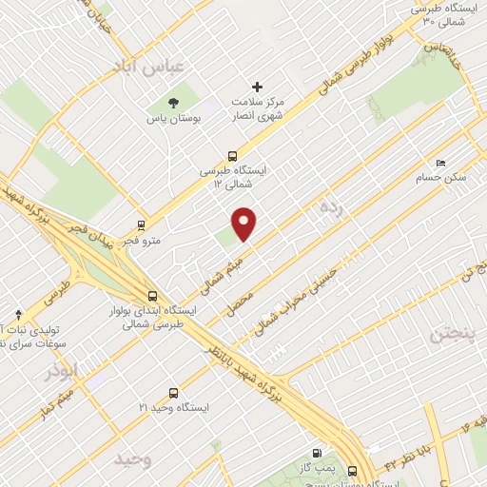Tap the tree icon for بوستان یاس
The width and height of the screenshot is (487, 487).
pyautogui.click(x=172, y=102)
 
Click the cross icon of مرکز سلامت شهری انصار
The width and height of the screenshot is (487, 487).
pyautogui.click(x=257, y=88)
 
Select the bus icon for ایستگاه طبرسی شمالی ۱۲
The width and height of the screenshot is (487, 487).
pyautogui.click(x=232, y=157)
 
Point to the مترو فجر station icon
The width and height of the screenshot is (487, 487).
pyautogui.click(x=142, y=225)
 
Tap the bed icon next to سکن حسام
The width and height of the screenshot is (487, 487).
pyautogui.click(x=439, y=163)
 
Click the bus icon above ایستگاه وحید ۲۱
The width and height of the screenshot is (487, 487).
pyautogui.click(x=172, y=392)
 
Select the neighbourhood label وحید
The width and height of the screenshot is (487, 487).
pyautogui.click(x=133, y=459)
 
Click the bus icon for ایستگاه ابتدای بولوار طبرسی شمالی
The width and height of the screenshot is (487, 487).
pyautogui.click(x=152, y=295)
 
